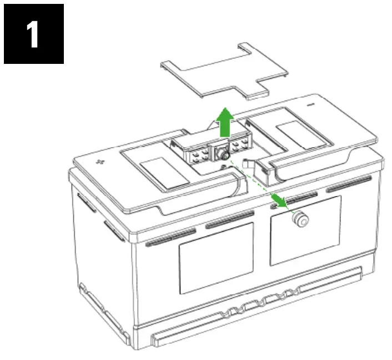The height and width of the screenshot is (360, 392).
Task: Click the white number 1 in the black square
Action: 34,34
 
